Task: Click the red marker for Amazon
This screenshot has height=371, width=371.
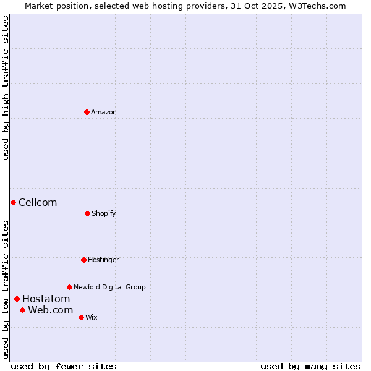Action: pos(87,112)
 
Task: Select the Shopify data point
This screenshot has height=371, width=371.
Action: pos(87,213)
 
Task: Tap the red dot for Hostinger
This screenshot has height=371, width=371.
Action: pos(83,260)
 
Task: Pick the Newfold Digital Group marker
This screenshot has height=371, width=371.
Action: pos(69,287)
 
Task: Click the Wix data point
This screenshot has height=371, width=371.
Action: pos(81,317)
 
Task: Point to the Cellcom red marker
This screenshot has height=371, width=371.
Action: pos(13,202)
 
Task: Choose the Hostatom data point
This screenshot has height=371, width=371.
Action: pos(17,299)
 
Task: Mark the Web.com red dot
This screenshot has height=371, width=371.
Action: pos(22,310)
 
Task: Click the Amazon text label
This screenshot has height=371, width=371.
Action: pos(104,112)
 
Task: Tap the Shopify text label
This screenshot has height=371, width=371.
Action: pos(104,213)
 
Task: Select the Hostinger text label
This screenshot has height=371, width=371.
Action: pos(103,260)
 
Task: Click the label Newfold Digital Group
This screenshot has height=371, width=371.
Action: pos(109,287)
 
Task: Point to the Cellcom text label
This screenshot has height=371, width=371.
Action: pos(38,202)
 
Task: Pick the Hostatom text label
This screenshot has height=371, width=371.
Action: pos(46,299)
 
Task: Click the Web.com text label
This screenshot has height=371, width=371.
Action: pos(50,310)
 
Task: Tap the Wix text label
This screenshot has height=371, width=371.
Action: pos(92,317)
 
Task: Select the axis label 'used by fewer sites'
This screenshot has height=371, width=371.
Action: pos(64,366)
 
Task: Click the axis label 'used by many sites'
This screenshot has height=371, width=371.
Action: pos(310,366)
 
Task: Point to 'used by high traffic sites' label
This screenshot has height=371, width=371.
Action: pos(6,88)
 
